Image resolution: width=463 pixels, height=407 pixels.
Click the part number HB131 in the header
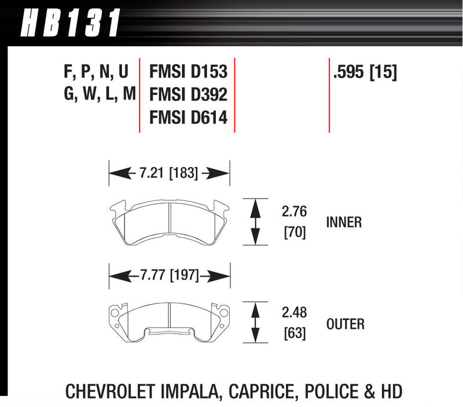coord(69,23)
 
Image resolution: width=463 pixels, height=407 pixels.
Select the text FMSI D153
coord(188,72)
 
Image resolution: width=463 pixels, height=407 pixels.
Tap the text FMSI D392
coord(188,95)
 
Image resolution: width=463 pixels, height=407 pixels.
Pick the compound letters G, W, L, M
coord(98,95)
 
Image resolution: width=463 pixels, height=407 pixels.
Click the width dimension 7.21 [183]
coord(169,173)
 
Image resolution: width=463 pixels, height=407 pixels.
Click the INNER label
coord(344,222)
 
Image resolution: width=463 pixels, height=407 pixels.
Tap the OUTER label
coord(346,324)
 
